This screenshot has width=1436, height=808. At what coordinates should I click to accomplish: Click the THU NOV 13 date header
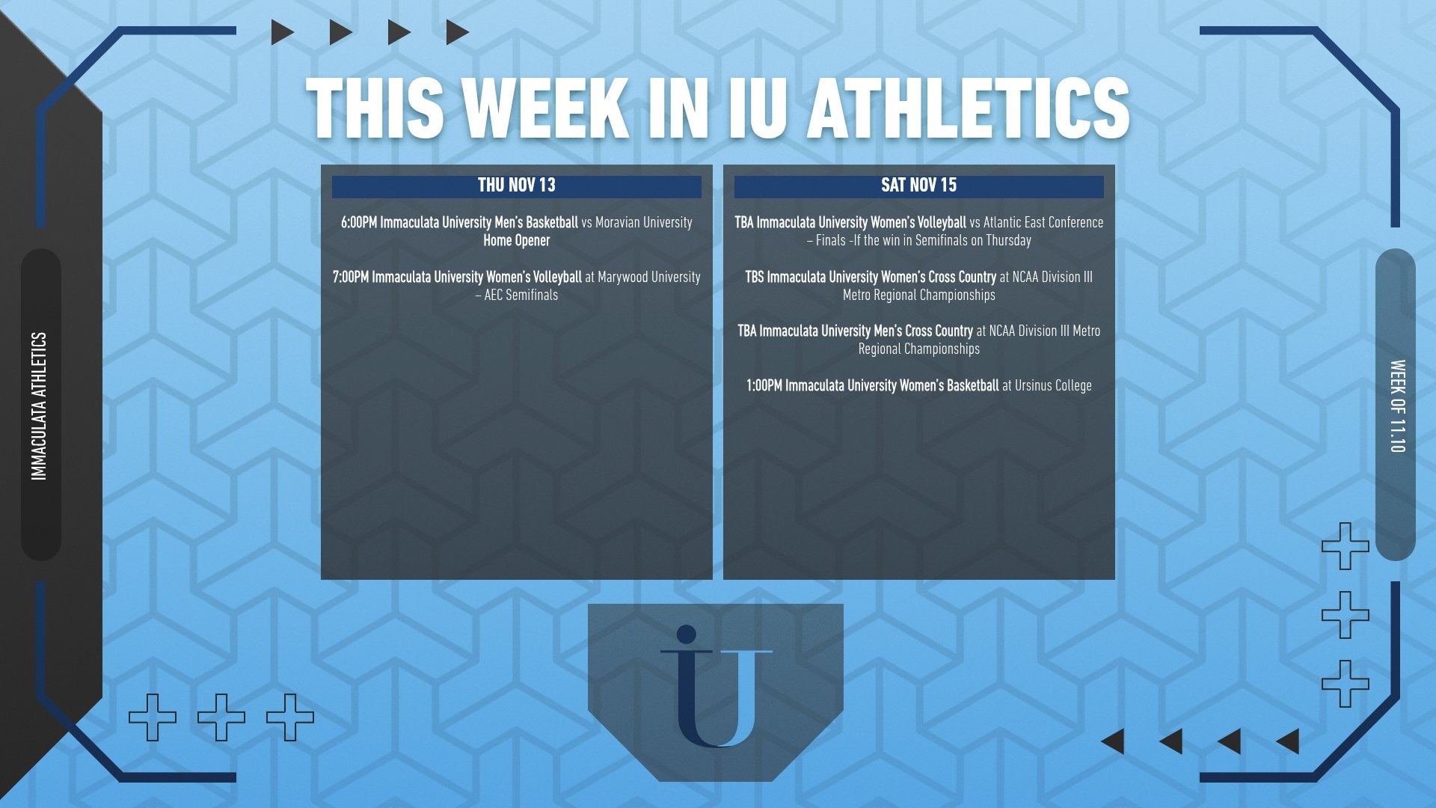[x=517, y=186]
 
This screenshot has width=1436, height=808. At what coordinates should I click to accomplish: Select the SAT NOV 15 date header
[x=919, y=186]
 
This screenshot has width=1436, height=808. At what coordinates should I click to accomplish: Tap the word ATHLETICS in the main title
[x=969, y=108]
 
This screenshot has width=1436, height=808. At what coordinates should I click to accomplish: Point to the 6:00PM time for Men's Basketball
[x=359, y=222]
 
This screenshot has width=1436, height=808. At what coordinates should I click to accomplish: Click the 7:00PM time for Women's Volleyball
[x=351, y=277]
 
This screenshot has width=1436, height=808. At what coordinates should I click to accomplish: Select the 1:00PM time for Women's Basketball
[x=764, y=385]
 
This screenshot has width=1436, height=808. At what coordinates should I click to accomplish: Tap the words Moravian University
[x=644, y=222]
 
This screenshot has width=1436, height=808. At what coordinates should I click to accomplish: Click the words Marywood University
[x=649, y=277]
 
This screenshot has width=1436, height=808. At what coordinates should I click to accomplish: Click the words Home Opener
[x=517, y=240]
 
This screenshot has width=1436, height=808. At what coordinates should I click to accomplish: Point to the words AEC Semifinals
[x=521, y=295]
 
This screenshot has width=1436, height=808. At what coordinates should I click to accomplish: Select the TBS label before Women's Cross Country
[x=755, y=277]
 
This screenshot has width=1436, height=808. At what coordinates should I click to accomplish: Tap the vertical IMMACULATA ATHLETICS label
[x=39, y=406]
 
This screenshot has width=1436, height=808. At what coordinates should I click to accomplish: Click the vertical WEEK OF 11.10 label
[x=1397, y=406]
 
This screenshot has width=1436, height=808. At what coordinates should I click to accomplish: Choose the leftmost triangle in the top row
[x=282, y=32]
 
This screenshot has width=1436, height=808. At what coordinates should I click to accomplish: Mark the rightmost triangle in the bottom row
[x=1287, y=741]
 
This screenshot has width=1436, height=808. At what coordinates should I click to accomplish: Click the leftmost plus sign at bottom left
[x=153, y=717]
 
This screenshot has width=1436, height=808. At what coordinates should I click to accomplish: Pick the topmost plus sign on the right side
[x=1346, y=546]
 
